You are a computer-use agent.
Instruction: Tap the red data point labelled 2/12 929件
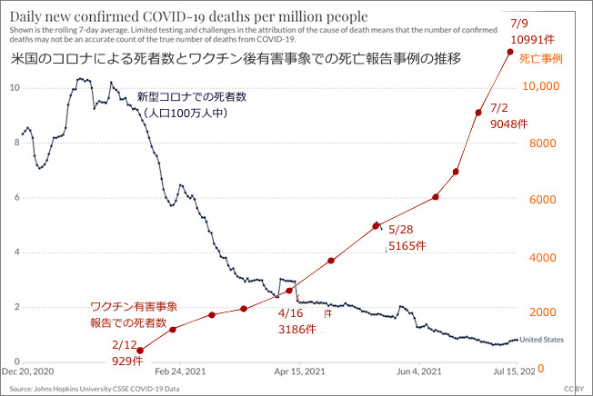tap(139, 350)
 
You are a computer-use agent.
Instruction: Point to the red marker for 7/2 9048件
tap(478, 113)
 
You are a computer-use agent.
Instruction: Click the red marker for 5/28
tap(376, 225)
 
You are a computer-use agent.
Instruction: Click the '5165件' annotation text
tap(401, 245)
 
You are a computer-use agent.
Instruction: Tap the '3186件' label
tap(296, 329)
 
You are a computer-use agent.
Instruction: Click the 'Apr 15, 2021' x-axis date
tap(298, 371)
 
